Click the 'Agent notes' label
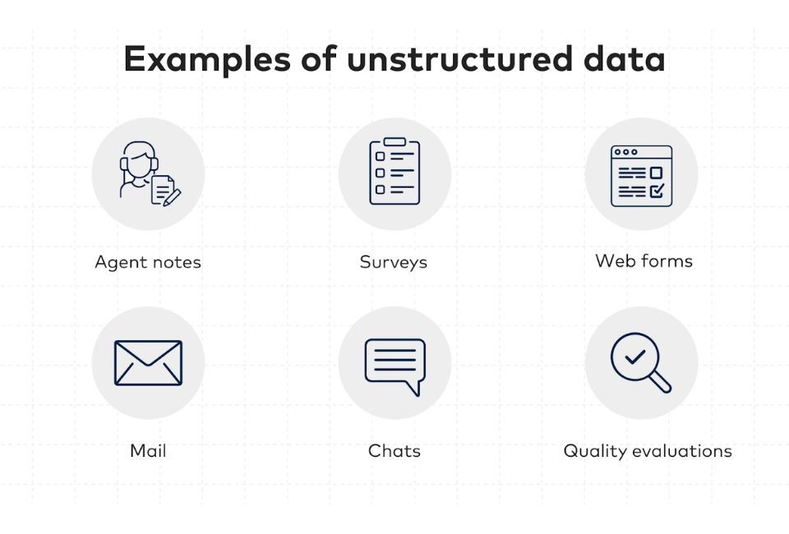point(148,262)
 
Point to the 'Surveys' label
point(394,262)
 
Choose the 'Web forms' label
point(644,261)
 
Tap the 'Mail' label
point(148,451)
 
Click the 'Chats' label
point(394,451)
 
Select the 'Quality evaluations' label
point(647,451)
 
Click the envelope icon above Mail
point(148,362)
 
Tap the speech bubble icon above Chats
point(394,364)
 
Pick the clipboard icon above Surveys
point(394,172)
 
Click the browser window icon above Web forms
point(641,175)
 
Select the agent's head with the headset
point(138,160)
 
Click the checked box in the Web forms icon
point(657,191)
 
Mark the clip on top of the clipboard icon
point(394,142)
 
